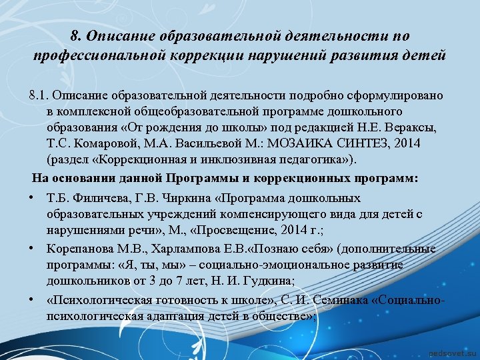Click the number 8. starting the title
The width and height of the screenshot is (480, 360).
pyautogui.click(x=75, y=35)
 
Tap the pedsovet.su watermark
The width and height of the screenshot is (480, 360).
pyautogui.click(x=451, y=351)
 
